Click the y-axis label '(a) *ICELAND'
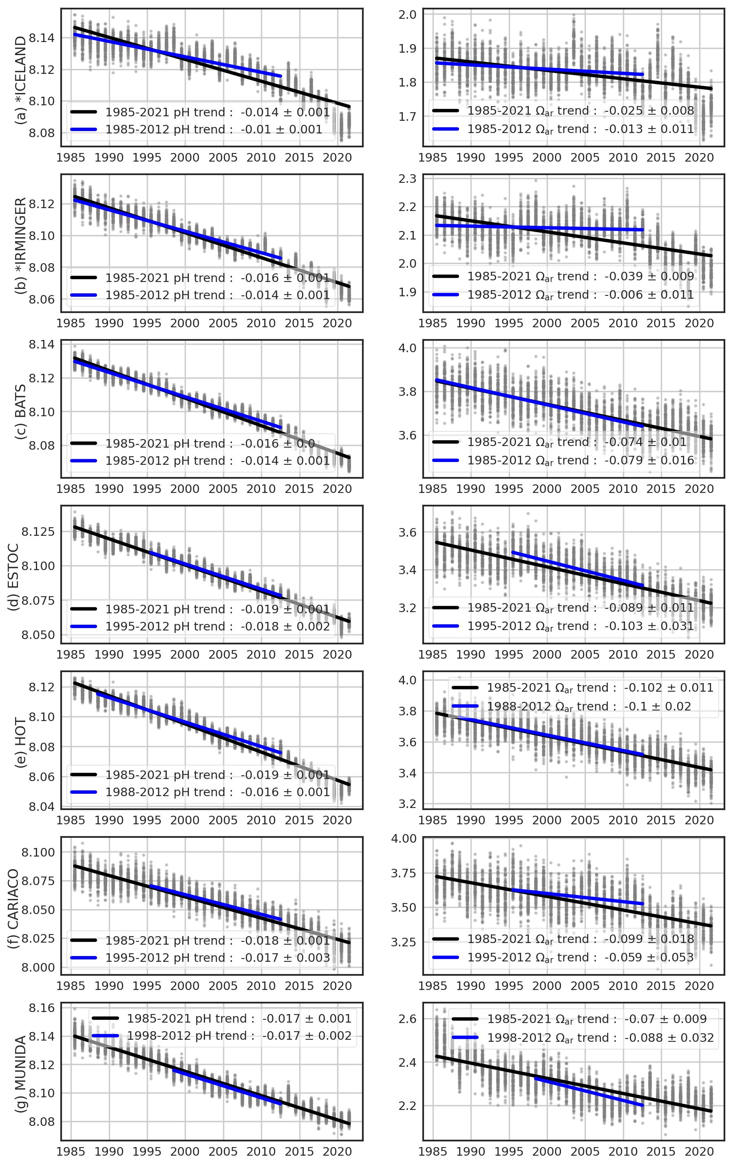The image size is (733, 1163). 20,80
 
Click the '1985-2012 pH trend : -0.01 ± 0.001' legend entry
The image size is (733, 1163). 213,129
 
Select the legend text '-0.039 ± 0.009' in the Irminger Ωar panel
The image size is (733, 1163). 649,276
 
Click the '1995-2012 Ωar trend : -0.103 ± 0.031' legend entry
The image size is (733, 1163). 580,626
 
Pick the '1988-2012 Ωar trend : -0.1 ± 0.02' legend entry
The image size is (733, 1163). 589,706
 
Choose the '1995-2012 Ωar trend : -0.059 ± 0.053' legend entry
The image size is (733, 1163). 580,957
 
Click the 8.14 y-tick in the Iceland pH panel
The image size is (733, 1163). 42,38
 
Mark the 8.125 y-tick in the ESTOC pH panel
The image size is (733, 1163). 39,532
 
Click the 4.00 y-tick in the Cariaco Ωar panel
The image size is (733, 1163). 404,839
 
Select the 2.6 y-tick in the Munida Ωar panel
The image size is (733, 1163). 408,1019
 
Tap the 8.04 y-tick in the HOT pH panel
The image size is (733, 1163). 42,807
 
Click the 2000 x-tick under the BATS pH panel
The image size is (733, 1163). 185,489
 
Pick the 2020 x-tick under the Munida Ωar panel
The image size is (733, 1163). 699,1152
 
